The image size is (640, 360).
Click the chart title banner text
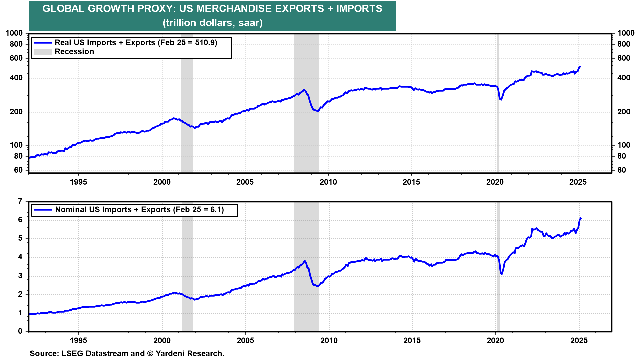pos(212,9)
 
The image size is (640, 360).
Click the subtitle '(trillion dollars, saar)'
pos(213,23)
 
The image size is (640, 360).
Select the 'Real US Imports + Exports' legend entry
pos(125,43)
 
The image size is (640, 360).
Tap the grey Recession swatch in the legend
pos(43,52)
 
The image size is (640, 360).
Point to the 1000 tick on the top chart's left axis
pos(14,33)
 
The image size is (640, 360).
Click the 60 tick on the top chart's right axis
pos(622,170)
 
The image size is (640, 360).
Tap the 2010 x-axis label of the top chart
pos(328,182)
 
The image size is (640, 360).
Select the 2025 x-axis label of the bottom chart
pos(579,340)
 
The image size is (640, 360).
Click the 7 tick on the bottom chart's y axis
pos(20,201)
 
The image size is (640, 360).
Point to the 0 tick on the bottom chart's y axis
pos(20,331)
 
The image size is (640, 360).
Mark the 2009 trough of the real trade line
pos(318,111)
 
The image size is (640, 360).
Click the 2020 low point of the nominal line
pos(502,274)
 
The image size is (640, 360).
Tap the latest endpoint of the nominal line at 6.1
pos(581,218)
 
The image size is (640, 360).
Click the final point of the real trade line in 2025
pos(580,67)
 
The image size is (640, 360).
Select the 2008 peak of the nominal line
pos(305,261)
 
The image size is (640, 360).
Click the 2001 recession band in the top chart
pos(187,103)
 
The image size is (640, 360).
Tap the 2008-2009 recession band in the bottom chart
pos(306,267)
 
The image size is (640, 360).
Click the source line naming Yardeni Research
pos(127,353)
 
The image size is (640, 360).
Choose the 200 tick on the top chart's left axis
pos(16,112)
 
